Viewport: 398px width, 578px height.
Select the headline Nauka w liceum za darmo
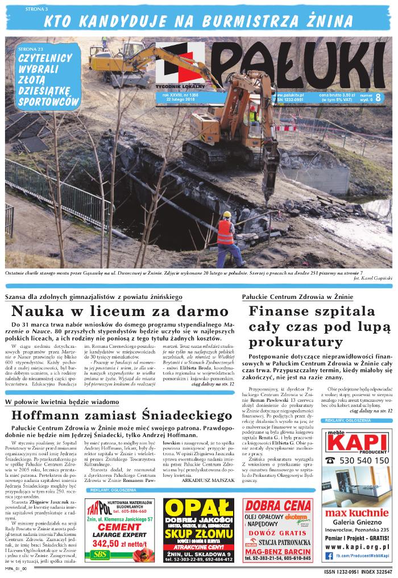(x=119, y=311)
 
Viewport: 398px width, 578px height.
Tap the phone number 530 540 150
(x=364, y=460)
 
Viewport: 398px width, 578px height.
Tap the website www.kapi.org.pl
(x=358, y=546)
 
